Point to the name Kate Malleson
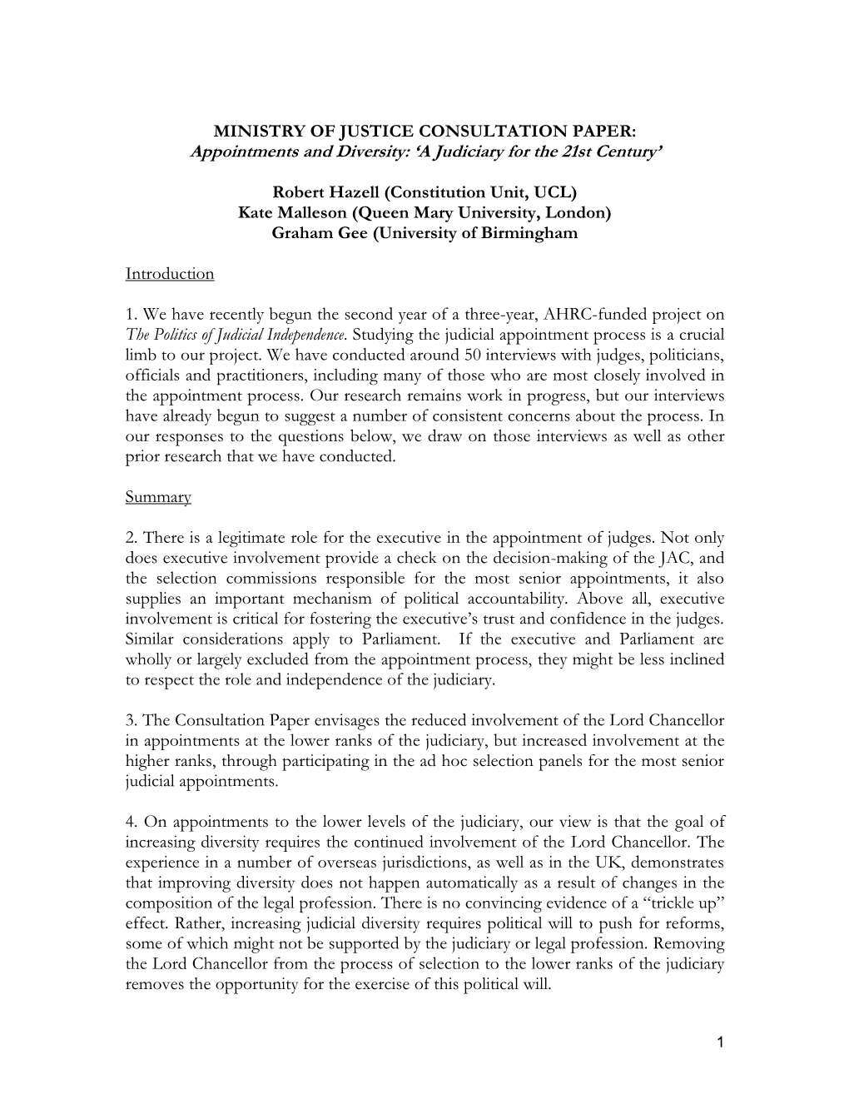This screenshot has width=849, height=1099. [x=286, y=213]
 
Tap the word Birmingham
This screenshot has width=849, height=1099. [x=529, y=233]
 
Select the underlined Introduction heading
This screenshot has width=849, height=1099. [x=170, y=274]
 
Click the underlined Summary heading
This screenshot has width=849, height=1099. [x=158, y=497]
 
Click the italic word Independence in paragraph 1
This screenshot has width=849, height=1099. [x=301, y=335]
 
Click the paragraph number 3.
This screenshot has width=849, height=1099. [x=130, y=721]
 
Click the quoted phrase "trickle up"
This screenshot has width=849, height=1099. [x=682, y=903]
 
